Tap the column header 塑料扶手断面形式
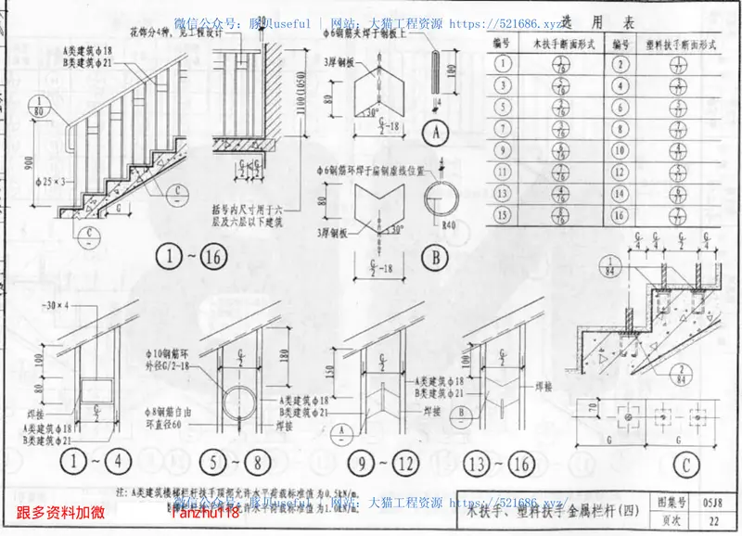coord(674,43)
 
